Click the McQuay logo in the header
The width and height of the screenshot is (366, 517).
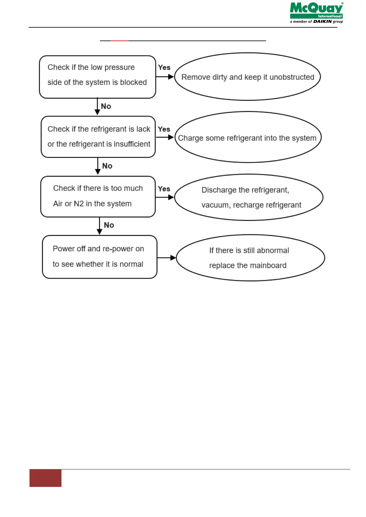(x=316, y=11)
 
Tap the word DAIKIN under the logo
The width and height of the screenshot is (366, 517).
(x=322, y=21)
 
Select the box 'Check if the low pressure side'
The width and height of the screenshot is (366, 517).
(x=97, y=77)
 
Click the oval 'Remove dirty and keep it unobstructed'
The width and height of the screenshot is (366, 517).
(x=247, y=77)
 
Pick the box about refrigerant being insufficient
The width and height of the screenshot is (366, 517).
(x=98, y=137)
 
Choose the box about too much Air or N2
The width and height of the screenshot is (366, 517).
(x=98, y=196)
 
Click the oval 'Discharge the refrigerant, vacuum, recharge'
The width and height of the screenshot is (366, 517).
(x=249, y=197)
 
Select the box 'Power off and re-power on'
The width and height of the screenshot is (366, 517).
(x=100, y=257)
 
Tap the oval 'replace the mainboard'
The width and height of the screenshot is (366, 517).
(x=250, y=258)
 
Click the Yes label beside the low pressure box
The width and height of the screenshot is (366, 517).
(x=164, y=68)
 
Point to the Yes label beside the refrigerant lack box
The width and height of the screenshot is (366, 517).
(x=164, y=129)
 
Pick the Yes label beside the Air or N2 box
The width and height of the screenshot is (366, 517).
(x=164, y=189)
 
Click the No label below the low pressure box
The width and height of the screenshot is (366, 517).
(x=106, y=106)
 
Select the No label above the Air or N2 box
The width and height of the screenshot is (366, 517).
(x=107, y=166)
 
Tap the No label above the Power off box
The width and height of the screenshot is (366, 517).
(x=109, y=225)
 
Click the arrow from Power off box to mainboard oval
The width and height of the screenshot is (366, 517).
(x=166, y=258)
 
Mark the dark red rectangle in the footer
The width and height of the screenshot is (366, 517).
(x=45, y=478)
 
